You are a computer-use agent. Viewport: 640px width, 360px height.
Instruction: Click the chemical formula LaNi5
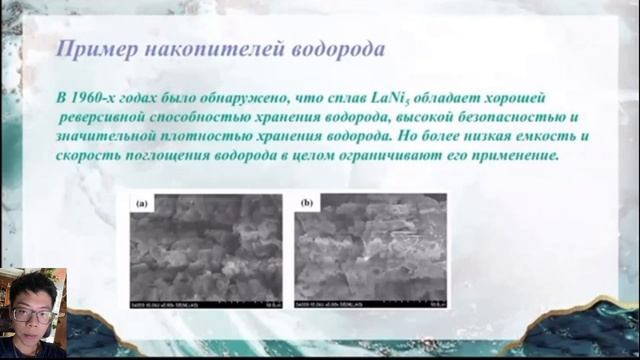[x=392, y=96]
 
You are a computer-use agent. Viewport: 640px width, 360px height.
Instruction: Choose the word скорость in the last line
[x=93, y=156]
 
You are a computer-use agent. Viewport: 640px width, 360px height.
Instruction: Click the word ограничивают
[x=379, y=156]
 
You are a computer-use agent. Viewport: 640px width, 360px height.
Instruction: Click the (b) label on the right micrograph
[x=306, y=202]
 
